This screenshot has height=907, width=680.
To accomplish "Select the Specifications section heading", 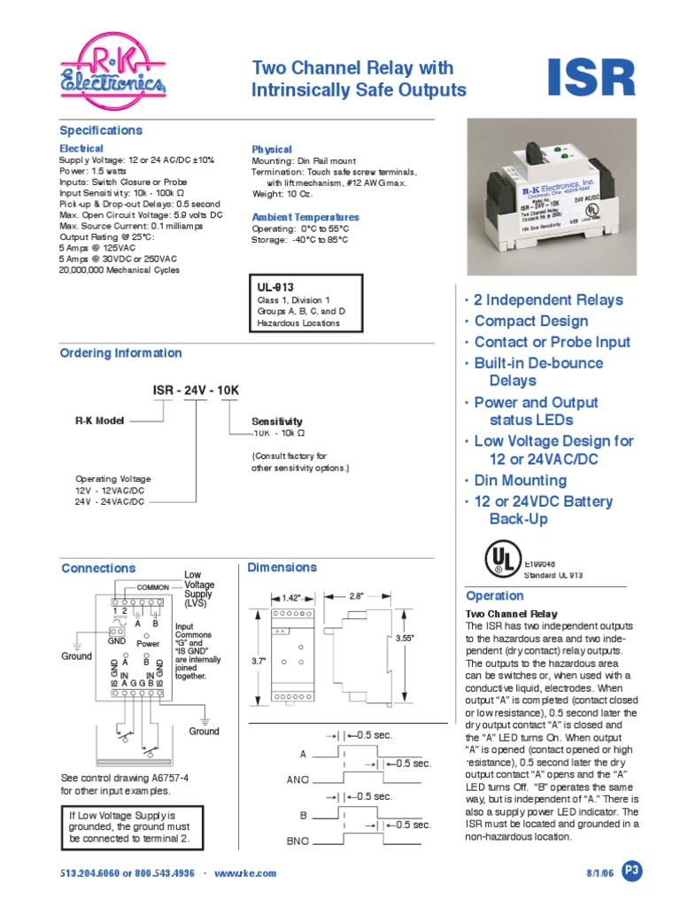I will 101,130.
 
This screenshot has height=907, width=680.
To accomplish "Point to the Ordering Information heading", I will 120,353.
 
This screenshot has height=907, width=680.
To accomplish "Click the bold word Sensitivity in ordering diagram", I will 277,422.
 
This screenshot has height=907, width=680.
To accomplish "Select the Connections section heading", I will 98,568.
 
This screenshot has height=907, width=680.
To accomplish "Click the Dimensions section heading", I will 282,567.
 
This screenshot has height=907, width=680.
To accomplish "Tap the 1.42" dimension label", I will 293,597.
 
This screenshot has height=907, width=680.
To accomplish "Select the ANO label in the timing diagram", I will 296,780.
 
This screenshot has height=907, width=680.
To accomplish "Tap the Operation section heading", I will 496,596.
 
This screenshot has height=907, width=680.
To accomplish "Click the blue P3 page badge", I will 630,871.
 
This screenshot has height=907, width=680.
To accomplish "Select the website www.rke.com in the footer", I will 245,872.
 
